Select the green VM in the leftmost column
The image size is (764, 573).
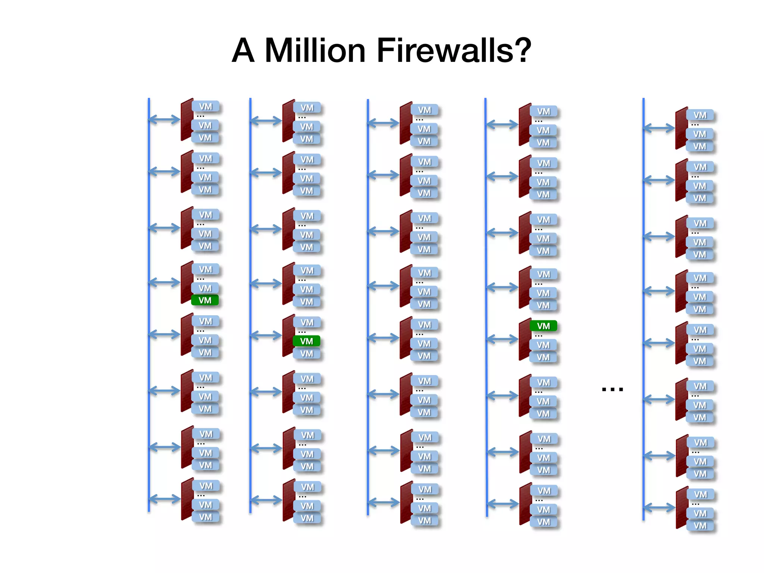(x=205, y=300)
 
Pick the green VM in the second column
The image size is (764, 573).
(x=306, y=341)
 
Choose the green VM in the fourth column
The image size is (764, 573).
(x=543, y=326)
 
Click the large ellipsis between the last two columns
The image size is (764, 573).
(x=612, y=389)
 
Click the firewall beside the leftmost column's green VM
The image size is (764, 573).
(x=187, y=282)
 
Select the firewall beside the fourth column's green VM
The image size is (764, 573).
(x=525, y=339)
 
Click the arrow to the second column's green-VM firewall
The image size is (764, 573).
(x=266, y=336)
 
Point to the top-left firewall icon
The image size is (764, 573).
(x=187, y=119)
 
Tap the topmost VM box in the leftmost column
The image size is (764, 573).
(x=205, y=107)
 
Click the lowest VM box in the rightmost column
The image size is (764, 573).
(x=700, y=526)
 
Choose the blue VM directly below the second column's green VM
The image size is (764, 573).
(x=306, y=353)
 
